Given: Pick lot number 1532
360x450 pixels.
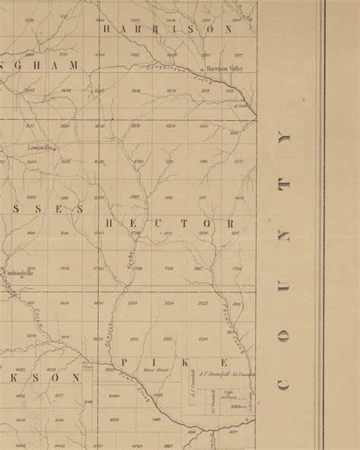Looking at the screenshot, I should click(233, 132).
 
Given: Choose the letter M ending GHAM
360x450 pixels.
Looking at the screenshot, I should click(74, 66).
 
